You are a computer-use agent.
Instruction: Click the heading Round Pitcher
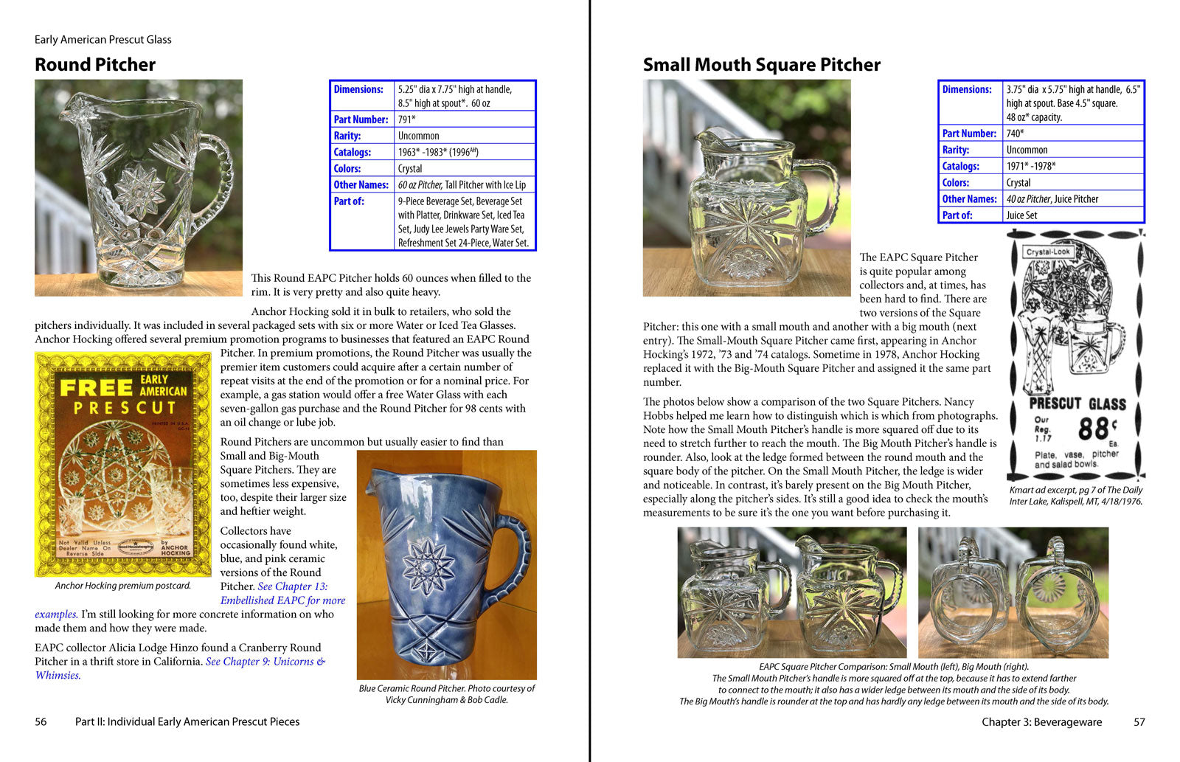click(x=95, y=65)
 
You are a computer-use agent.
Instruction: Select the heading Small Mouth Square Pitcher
click(x=761, y=65)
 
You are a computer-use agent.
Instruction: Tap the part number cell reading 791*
click(x=407, y=120)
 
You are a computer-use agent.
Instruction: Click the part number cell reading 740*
click(x=1016, y=134)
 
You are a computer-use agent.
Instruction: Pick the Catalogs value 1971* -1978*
click(x=1031, y=166)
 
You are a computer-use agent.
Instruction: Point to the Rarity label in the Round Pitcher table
click(x=347, y=136)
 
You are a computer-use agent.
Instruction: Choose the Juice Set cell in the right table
click(x=1021, y=215)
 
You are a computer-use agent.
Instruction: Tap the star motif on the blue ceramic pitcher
click(x=428, y=566)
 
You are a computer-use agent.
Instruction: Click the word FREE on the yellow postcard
click(x=96, y=388)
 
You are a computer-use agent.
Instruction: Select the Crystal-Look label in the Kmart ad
click(x=1048, y=252)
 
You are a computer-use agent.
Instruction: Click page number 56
click(x=41, y=721)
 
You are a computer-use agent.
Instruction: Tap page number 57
click(x=1139, y=722)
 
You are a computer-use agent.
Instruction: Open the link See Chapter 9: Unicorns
click(x=265, y=662)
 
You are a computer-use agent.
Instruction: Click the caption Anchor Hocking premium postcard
click(x=122, y=586)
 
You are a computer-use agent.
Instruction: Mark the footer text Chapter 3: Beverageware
click(x=1041, y=722)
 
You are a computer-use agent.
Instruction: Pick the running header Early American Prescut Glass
click(x=103, y=40)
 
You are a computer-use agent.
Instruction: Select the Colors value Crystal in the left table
click(x=410, y=168)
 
